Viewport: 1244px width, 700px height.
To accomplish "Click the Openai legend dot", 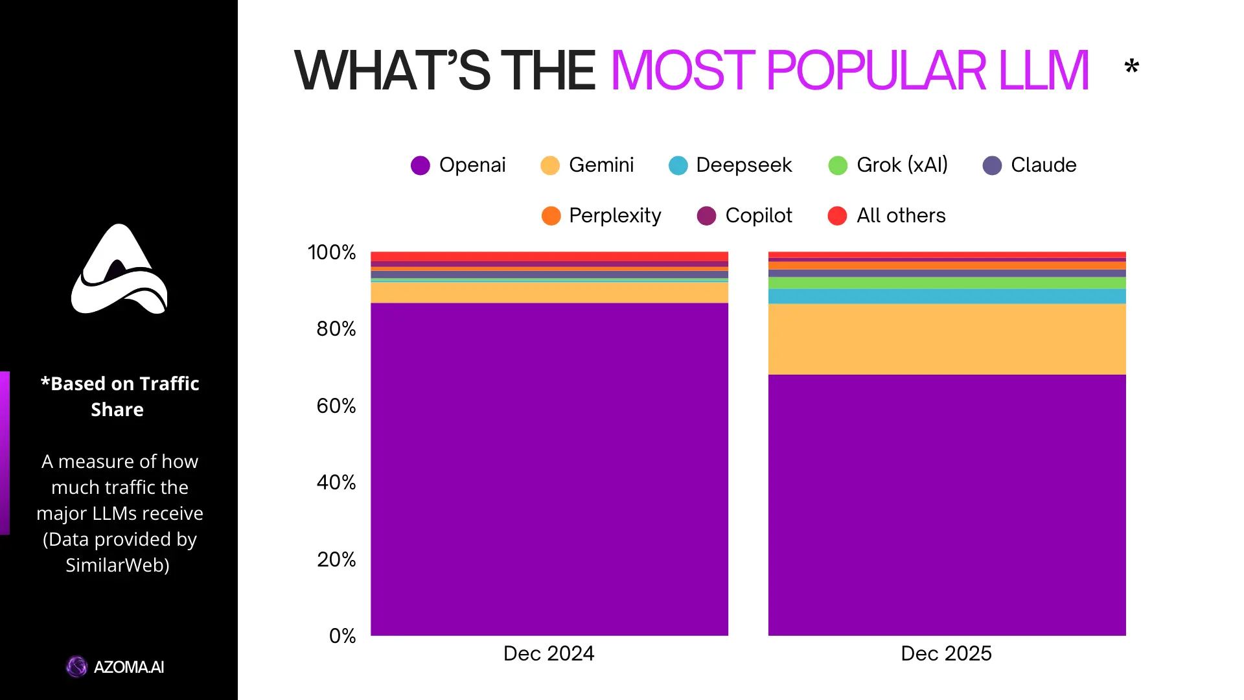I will (420, 165).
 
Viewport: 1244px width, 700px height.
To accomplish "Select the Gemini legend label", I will (601, 165).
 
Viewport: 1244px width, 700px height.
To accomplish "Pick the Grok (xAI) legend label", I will (901, 165).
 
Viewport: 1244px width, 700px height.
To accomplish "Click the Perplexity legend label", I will (614, 216).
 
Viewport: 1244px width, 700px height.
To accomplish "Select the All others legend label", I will (901, 216).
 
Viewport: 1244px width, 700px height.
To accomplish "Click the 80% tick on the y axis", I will (336, 329).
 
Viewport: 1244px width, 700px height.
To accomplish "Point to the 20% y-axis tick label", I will (336, 559).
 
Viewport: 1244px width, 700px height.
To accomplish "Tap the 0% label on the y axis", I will (343, 636).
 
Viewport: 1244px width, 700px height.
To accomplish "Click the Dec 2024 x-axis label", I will (549, 653).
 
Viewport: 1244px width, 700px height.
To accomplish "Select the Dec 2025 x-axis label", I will (946, 653).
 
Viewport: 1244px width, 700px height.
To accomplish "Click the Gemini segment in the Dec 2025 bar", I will (947, 339).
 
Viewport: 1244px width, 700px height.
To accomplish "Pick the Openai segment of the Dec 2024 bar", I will (549, 469).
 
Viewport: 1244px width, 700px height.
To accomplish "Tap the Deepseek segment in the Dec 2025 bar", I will (947, 296).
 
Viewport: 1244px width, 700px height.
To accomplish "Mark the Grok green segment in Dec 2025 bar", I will (947, 283).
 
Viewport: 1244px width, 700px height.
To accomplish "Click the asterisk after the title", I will (1132, 66).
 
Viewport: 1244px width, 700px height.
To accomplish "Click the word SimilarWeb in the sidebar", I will (117, 565).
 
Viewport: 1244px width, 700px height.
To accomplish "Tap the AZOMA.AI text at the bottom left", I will (128, 667).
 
